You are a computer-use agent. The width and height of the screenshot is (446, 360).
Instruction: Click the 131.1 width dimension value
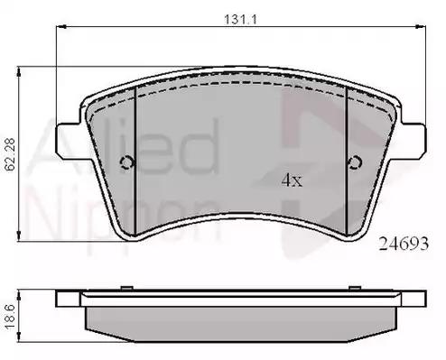click(240, 20)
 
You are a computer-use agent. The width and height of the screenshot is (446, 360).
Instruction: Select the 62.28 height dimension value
click(10, 154)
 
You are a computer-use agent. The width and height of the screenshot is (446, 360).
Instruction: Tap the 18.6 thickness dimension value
click(10, 317)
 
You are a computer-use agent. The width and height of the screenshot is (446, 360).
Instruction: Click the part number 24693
click(404, 244)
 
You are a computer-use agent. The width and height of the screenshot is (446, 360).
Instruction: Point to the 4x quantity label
click(292, 180)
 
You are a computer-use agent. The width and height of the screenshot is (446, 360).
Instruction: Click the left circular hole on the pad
click(127, 162)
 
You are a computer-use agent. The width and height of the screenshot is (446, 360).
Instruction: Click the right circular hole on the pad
click(354, 162)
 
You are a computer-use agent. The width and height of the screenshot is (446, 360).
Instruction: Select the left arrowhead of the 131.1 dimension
click(60, 27)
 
